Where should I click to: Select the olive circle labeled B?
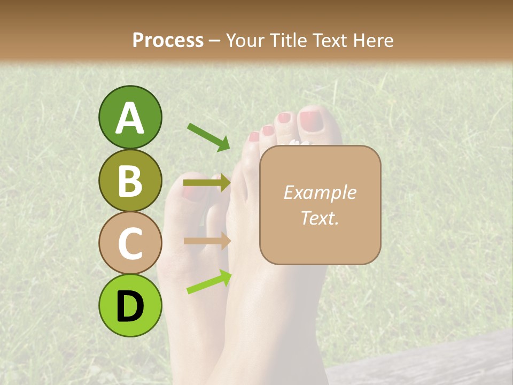tap(130, 180)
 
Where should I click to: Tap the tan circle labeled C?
tap(130, 242)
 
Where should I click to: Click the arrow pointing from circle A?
tap(208, 137)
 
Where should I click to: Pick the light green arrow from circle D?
tap(209, 282)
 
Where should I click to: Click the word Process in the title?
tap(168, 40)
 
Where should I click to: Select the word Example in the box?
tap(320, 192)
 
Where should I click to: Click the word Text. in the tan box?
tap(320, 218)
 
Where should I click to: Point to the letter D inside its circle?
tap(130, 307)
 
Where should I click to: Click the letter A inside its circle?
tap(130, 119)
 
